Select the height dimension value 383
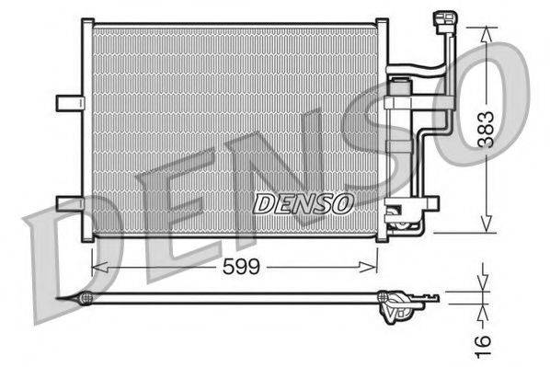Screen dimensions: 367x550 click(x=486, y=130)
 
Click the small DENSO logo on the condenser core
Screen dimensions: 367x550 click(x=303, y=203)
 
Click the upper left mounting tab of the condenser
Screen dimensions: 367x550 click(x=69, y=102)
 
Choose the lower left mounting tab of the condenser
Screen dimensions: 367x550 click(x=69, y=203)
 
